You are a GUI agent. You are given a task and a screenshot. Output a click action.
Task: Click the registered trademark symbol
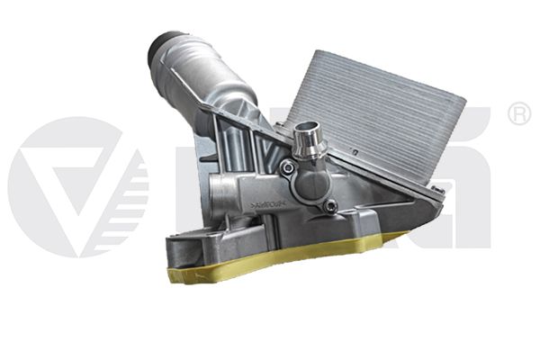click(x=518, y=115)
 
